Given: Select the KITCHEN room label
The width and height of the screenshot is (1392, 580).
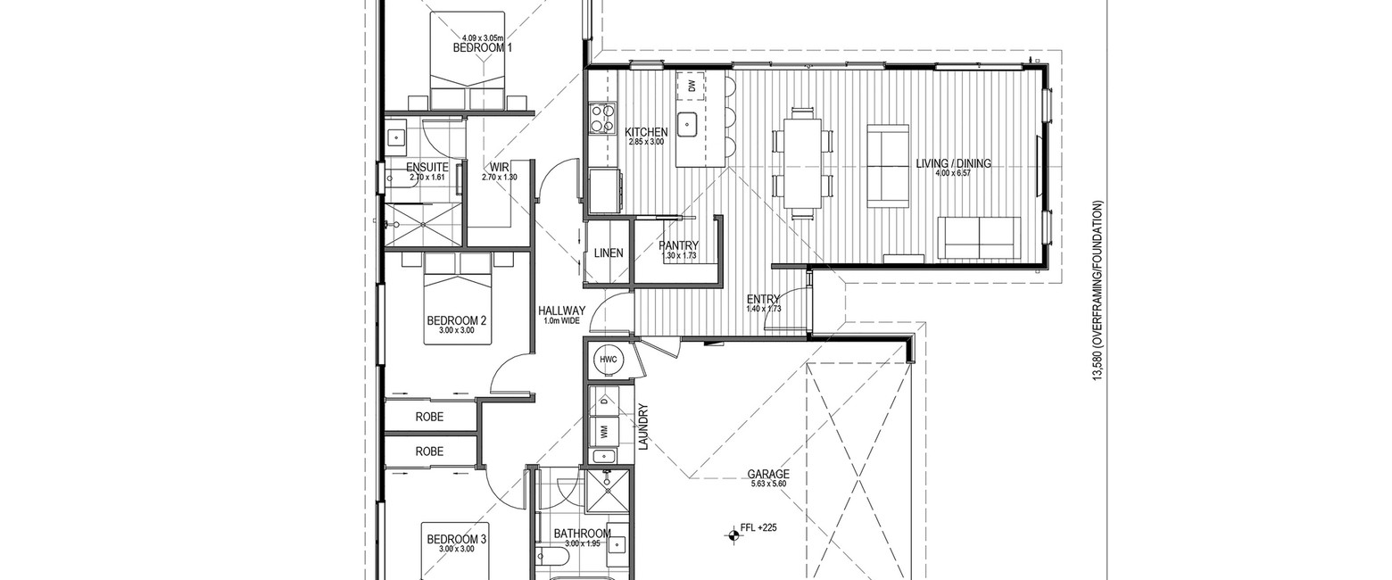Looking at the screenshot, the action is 646,132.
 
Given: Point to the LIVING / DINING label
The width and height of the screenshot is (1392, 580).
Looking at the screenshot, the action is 953,163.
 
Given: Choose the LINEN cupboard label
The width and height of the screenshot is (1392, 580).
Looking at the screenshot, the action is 609,253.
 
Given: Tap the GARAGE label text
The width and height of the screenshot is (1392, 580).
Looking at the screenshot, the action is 768,475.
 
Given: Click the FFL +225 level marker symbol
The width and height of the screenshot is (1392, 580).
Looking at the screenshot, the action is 733,534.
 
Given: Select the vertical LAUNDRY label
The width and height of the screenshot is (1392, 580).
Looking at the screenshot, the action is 643,427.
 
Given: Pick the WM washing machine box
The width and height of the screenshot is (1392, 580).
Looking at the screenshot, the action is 603,429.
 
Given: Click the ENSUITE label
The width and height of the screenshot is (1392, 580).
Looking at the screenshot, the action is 427,167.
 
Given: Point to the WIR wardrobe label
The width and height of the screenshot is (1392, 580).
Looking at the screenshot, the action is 499,167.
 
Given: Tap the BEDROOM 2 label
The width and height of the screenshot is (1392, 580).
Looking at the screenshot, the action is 456,320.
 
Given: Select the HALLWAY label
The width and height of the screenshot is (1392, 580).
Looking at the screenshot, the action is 562,311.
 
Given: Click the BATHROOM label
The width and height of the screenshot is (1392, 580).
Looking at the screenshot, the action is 583,534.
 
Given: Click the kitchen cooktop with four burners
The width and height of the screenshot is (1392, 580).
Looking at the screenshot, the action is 603,118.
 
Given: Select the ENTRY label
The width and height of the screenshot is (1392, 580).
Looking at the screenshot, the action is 763,299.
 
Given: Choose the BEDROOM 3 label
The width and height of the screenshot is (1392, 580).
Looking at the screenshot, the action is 456,540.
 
